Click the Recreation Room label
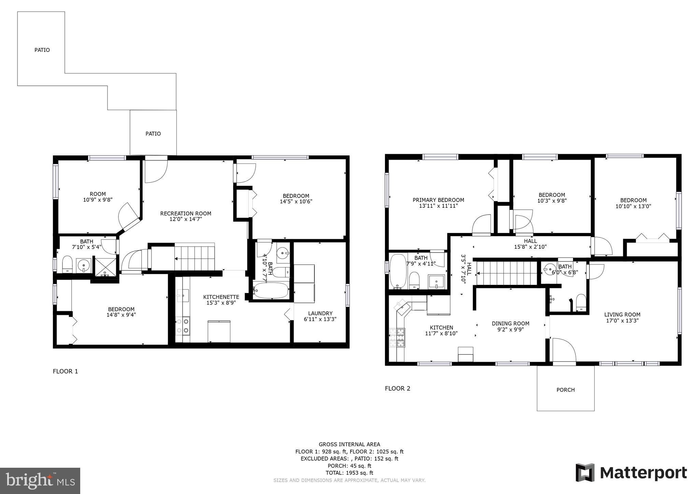186,214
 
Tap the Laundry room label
320,313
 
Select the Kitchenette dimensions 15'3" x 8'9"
221,303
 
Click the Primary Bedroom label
438,200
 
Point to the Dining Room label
510,323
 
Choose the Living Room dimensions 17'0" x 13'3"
622,320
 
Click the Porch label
566,390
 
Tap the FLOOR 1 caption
66,371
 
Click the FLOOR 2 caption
398,388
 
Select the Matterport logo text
643,473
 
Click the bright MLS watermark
40,481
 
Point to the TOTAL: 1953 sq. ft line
349,473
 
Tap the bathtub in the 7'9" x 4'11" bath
398,271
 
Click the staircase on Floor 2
508,273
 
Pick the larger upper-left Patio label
42,50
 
